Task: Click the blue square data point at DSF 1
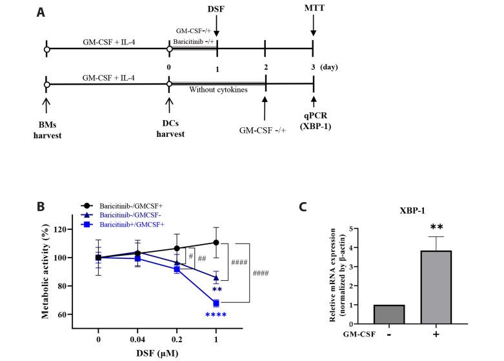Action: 216,303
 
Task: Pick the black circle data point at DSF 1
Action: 216,243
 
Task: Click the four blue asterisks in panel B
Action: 216,316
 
